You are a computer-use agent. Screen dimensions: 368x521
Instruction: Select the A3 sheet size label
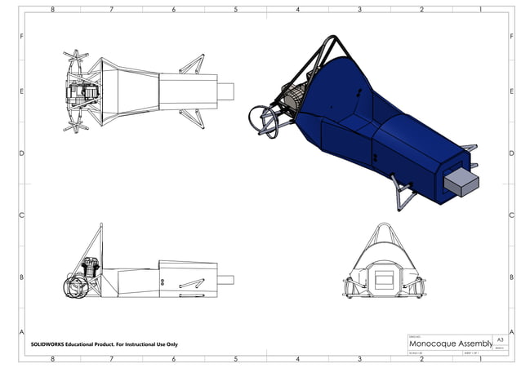point(501,339)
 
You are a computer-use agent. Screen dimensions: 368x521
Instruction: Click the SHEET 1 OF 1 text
point(473,353)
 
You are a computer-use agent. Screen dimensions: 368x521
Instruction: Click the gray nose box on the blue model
point(462,182)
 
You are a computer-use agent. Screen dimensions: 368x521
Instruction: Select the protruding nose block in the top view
point(225,91)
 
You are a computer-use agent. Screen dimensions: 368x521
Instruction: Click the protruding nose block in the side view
point(225,280)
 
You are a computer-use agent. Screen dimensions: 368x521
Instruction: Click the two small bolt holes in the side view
point(163,282)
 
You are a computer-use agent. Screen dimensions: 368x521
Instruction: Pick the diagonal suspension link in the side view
point(191,283)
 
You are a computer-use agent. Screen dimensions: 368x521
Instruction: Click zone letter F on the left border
point(21,38)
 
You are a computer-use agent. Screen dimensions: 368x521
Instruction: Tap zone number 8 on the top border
point(53,10)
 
